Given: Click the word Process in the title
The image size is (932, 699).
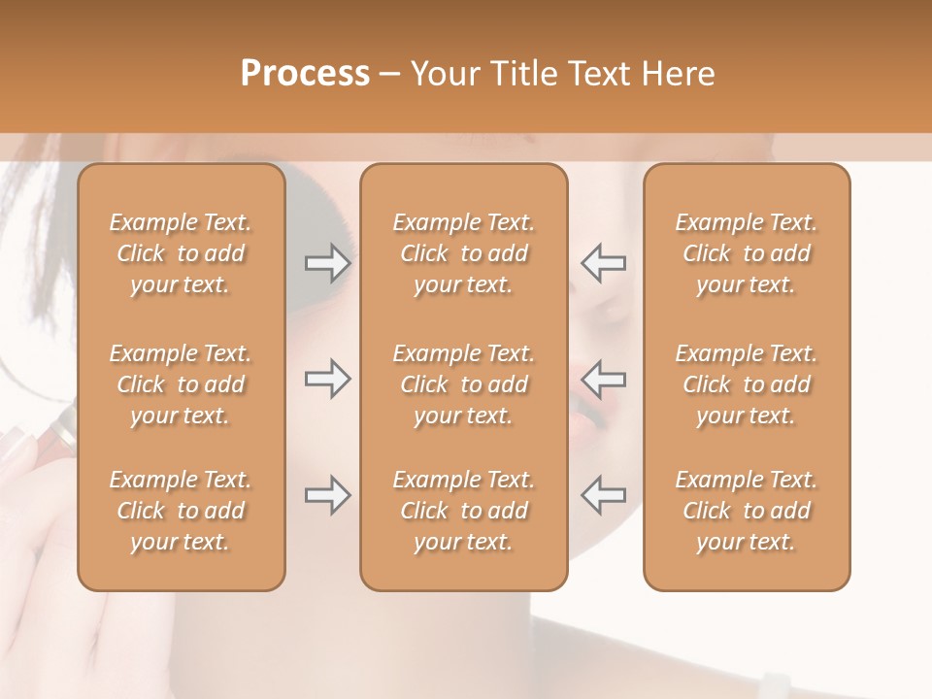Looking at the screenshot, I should click(x=305, y=73).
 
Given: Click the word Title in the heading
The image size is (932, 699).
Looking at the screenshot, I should click(x=522, y=73).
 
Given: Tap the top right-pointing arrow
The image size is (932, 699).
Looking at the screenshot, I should click(x=327, y=263).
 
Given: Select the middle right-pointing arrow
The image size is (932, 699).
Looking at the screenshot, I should click(x=327, y=379).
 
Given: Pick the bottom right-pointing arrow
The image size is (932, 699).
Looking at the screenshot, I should click(x=327, y=495).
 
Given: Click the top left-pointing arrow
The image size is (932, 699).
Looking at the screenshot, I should click(x=603, y=263).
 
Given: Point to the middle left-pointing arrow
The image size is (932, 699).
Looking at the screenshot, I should click(x=603, y=379).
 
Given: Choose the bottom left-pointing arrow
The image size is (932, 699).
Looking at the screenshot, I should click(x=603, y=495).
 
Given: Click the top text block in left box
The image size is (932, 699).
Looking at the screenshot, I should click(x=181, y=253).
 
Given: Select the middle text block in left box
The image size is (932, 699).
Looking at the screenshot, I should click(x=181, y=384).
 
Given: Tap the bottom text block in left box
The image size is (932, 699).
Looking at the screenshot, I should click(x=181, y=511).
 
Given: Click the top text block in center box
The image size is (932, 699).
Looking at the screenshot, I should click(x=464, y=253).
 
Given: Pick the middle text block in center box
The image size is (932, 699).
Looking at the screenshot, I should click(x=464, y=384).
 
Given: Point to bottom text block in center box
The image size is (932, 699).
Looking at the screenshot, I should click(x=464, y=511).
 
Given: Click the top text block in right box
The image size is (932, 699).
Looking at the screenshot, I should click(x=747, y=253).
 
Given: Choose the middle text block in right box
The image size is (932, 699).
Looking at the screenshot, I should click(x=747, y=384).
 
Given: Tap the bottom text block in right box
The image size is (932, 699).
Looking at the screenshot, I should click(x=747, y=511).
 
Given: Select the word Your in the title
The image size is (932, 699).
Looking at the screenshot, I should click(x=445, y=73).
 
